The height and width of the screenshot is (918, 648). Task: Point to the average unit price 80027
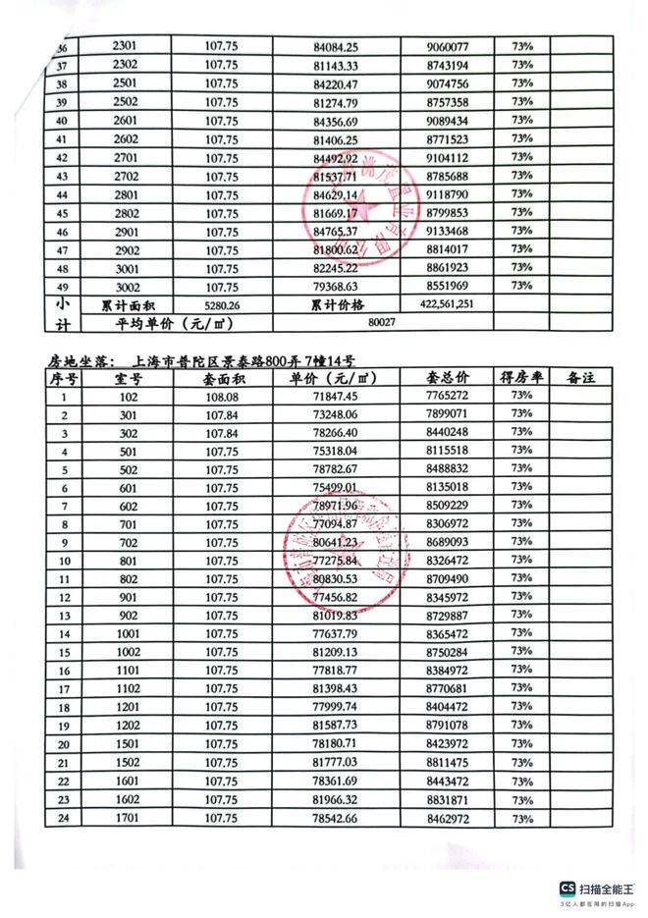pyautogui.click(x=381, y=321)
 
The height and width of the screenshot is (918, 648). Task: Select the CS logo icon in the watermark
pyautogui.click(x=567, y=886)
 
